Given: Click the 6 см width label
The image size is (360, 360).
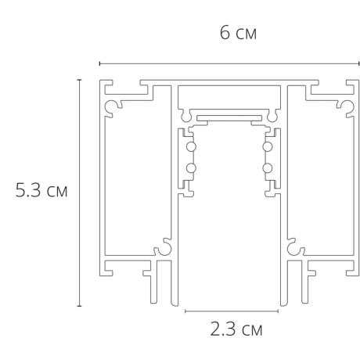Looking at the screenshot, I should point(239,34).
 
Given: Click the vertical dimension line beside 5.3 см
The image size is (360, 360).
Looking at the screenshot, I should point(79,192).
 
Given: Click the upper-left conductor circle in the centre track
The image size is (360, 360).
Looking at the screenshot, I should point(189,147).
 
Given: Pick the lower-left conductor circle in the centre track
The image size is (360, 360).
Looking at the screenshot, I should point(189,167).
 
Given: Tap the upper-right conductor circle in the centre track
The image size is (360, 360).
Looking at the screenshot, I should point(268,147).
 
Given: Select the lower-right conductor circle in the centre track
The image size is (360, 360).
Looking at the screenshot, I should point(268,167).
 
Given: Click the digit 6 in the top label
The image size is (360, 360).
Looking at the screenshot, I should point(225,34).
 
